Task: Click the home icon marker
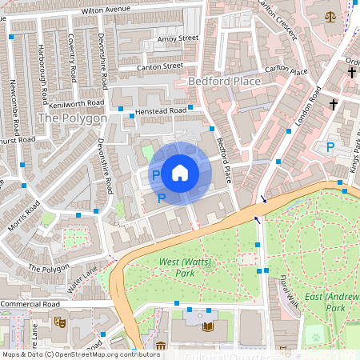[x=180, y=171]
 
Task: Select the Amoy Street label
[x=177, y=38]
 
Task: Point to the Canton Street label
[x=166, y=66]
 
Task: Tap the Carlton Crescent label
[x=278, y=19]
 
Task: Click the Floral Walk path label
[x=289, y=288]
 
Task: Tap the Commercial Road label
[x=30, y=305]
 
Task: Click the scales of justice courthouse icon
[x=330, y=16]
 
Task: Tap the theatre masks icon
[x=58, y=322]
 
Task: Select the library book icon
[x=209, y=326]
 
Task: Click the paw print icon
[x=314, y=337]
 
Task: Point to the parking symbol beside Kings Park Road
[x=330, y=146]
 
